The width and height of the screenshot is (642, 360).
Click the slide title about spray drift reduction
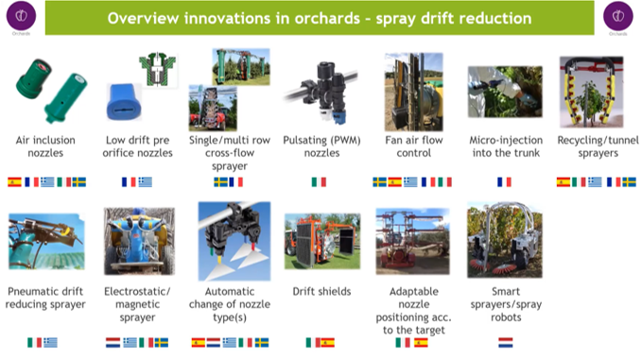pos(320,18)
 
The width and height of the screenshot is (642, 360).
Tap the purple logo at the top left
pos(22,16)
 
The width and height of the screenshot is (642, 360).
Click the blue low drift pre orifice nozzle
pos(124,102)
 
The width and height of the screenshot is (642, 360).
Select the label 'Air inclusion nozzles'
pos(45,146)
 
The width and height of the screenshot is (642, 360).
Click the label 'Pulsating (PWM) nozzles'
pos(321,146)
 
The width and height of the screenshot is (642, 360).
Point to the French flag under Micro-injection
pos(504,182)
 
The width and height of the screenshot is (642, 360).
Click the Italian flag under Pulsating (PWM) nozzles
pos(319,182)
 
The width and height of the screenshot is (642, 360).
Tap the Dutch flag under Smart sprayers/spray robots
pos(506,342)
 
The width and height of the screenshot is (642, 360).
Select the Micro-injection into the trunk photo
pos(505,92)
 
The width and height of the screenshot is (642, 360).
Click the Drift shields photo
pos(322,241)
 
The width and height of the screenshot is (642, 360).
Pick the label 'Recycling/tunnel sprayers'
pos(598,146)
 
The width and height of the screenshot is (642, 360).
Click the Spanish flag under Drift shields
pos(327,342)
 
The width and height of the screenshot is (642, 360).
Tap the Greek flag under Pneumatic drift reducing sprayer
pos(50,342)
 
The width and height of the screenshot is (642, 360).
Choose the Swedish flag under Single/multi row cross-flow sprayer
pos(220,182)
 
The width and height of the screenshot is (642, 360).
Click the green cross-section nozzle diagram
pos(158,69)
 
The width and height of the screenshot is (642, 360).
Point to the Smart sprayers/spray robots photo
pos(505,240)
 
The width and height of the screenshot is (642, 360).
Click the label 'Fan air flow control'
pos(414,146)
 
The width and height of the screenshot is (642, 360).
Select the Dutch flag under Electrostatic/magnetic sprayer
pos(113,342)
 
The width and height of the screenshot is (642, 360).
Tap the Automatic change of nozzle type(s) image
pos(234,241)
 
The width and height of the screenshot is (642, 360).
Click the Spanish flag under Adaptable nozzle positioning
pos(421,342)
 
